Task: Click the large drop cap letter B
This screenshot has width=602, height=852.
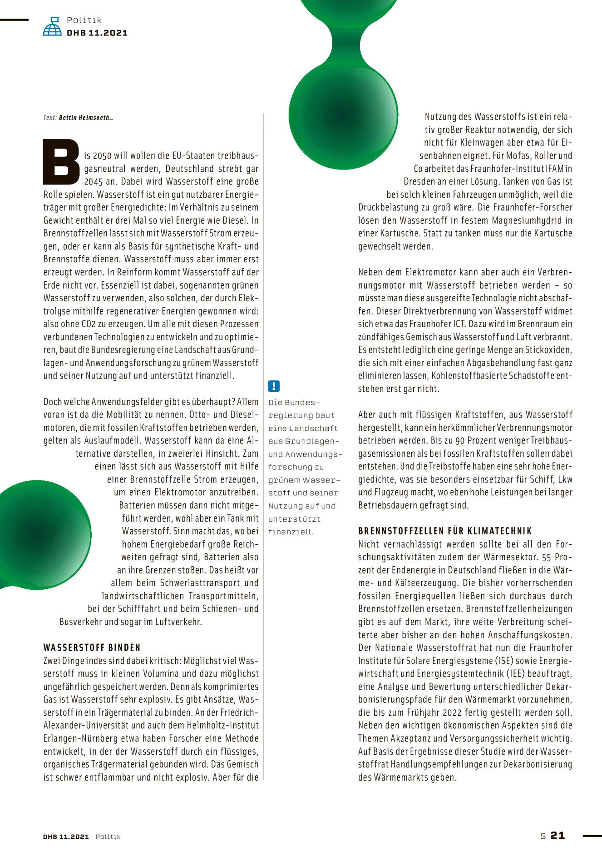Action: click(x=61, y=162)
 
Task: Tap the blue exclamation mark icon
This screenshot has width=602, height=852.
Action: click(x=274, y=386)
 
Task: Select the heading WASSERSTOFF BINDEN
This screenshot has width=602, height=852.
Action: click(x=92, y=648)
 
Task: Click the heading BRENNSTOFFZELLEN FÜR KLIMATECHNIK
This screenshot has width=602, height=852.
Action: click(x=445, y=531)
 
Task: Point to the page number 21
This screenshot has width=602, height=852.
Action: click(x=558, y=836)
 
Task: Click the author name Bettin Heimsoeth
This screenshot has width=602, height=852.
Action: click(x=84, y=118)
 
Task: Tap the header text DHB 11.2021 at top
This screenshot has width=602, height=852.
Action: click(x=97, y=33)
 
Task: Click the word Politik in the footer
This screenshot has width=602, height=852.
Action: click(x=108, y=837)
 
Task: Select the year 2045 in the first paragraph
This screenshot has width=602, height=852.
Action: click(x=94, y=182)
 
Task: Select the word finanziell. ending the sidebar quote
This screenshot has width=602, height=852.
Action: click(x=291, y=532)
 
